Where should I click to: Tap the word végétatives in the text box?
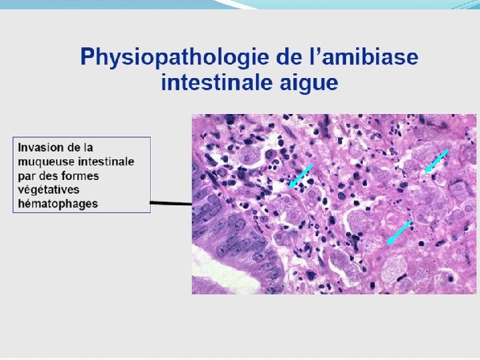pos(49,189)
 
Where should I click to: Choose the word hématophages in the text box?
pos(57,203)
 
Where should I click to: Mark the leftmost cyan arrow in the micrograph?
pos(299,176)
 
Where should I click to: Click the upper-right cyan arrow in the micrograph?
pos(437,161)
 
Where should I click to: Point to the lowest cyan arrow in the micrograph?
pos(399,233)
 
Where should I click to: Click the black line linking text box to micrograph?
pos(171,203)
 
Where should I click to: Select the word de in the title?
pos(275,58)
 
